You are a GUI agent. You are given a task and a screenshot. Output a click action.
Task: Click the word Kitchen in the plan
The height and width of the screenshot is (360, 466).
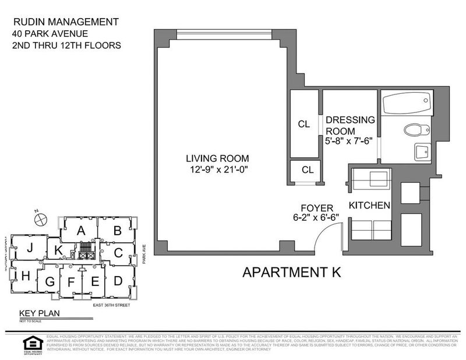(369, 206)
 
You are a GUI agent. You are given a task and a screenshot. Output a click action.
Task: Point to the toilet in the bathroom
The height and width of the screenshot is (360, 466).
(415, 129)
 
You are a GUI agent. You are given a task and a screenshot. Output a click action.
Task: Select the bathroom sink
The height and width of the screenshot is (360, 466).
(422, 153)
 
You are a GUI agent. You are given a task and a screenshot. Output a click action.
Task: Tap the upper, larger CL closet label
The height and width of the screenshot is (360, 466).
(304, 124)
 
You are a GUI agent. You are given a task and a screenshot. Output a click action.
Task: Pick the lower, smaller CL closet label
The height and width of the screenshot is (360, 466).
(308, 170)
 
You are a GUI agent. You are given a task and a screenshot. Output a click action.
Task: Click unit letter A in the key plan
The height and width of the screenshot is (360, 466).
(82, 230)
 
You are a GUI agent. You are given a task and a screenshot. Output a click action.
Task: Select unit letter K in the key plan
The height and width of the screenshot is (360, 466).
(58, 251)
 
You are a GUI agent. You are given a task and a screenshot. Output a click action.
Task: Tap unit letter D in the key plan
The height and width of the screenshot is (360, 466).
(118, 281)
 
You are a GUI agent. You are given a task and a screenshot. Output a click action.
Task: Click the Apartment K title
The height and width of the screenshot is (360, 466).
(291, 271)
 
